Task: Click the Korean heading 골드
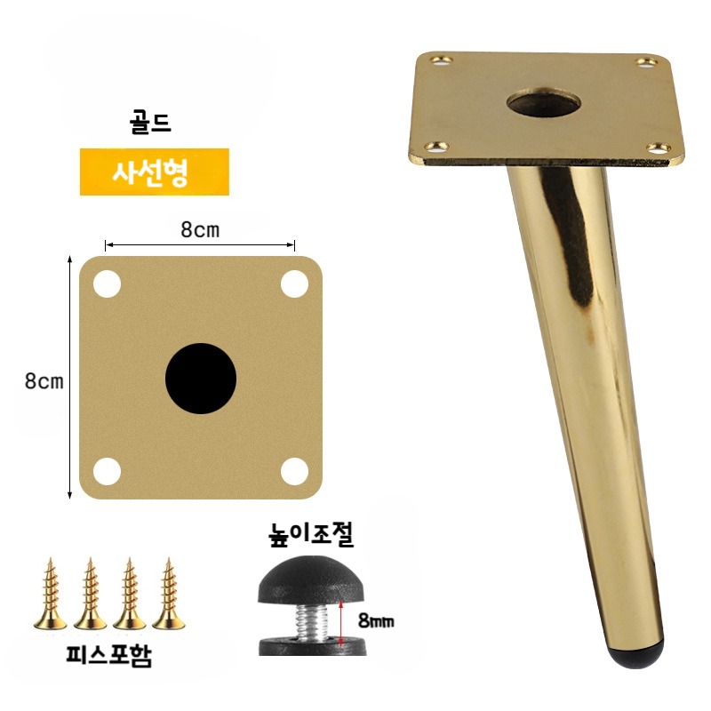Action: pos(150,124)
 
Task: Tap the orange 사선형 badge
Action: pos(155,172)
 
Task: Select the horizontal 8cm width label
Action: pos(200,230)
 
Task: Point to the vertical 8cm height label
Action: pos(44,381)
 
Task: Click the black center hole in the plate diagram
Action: pos(201,379)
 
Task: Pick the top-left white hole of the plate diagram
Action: pos(107,284)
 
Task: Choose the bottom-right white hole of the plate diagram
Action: pos(295,472)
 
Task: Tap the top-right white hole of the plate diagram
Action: pos(295,284)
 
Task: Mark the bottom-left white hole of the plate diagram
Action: pos(107,472)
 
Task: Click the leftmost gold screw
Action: pos(51,594)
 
